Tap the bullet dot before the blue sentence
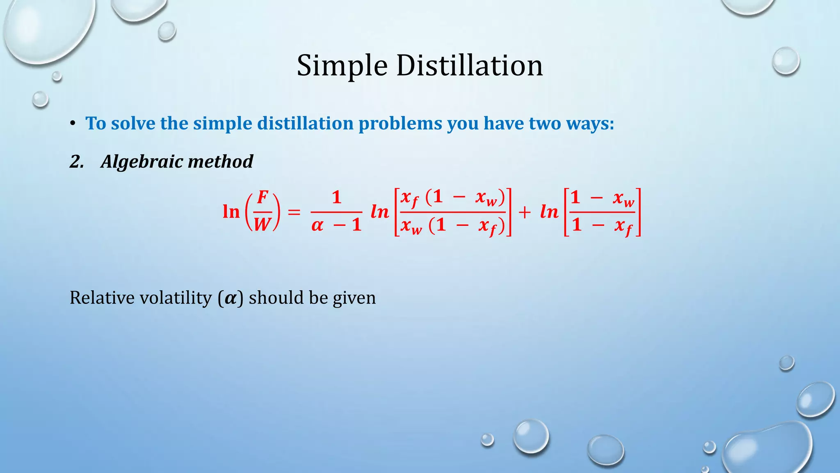tap(73, 123)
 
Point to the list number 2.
tap(77, 161)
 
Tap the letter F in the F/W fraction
tap(262, 197)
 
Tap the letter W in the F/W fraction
tap(262, 224)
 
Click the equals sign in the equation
tap(294, 212)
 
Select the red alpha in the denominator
tap(317, 225)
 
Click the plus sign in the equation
tap(524, 212)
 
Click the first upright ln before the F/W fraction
tap(231, 212)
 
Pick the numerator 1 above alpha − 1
tap(337, 197)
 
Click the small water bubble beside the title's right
tap(785, 61)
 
